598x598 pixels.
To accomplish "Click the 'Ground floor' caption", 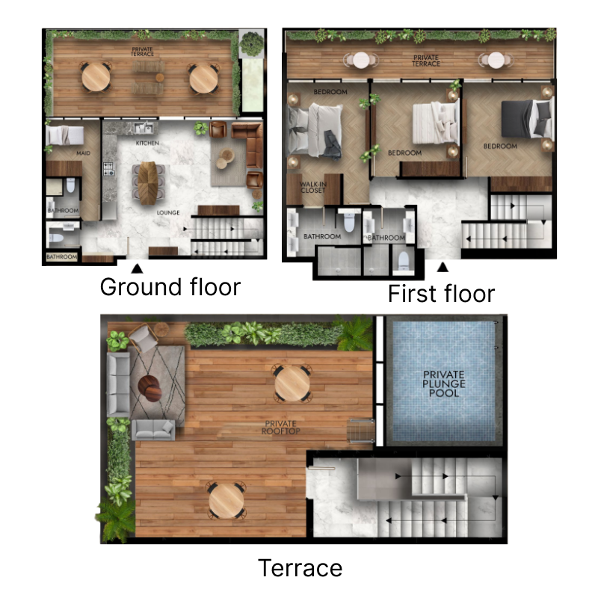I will coord(170,287).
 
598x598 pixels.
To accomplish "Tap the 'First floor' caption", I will coord(440,294).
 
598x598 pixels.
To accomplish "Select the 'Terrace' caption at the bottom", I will coord(300,568).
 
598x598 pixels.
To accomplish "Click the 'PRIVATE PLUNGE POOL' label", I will coord(444,383).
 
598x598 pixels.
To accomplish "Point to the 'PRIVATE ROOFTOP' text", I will coord(280,428).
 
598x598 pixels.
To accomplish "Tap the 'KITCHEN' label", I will coord(147,142).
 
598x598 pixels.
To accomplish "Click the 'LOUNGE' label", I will coord(168,212).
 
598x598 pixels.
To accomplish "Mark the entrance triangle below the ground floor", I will coord(137,267).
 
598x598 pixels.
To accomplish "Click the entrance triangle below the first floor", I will coord(443,267).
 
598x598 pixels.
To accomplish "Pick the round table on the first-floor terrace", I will coord(361,61).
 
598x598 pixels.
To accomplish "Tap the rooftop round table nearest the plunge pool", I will coord(292,383).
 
